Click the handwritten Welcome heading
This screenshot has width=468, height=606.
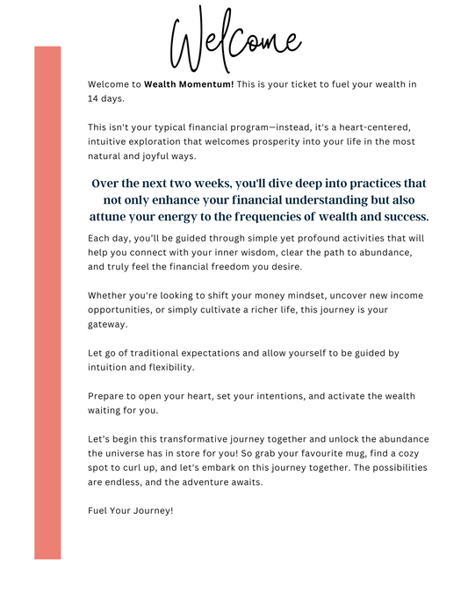pyautogui.click(x=234, y=40)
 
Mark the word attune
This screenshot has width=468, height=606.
pyautogui.click(x=112, y=216)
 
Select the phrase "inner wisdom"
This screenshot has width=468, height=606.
pyautogui.click(x=234, y=252)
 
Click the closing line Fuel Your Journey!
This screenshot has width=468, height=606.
pyautogui.click(x=131, y=510)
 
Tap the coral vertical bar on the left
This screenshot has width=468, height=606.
pyautogui.click(x=47, y=302)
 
